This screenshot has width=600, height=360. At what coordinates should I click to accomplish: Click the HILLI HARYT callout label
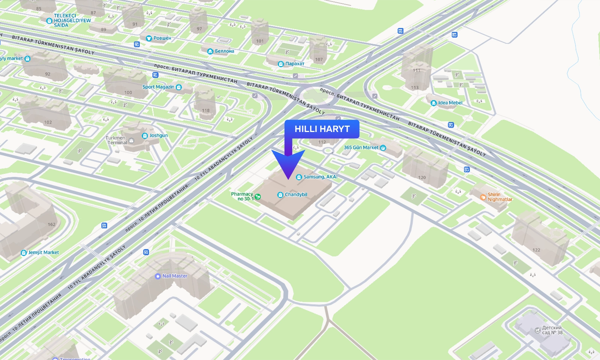(x=322, y=129)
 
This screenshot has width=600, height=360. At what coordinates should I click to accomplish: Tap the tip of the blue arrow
(x=288, y=178)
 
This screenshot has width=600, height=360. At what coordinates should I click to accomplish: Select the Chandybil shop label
(x=295, y=195)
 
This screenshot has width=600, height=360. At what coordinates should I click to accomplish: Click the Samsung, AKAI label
(x=320, y=177)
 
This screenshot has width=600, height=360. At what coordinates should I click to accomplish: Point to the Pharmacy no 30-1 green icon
(x=258, y=196)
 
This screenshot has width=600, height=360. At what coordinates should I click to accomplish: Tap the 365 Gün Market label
(x=361, y=148)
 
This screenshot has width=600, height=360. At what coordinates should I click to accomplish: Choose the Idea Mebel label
(x=450, y=103)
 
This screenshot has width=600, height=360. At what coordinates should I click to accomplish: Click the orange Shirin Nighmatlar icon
(x=483, y=197)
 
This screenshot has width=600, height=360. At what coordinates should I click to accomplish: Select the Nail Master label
(x=174, y=276)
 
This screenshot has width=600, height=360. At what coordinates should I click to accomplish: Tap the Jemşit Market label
(x=43, y=252)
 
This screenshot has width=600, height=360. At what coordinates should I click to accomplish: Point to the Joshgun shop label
(x=158, y=135)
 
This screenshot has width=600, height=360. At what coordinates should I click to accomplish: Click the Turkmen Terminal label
(x=116, y=140)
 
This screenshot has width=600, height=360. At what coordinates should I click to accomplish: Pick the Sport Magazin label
(x=158, y=87)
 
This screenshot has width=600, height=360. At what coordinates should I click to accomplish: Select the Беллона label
(x=224, y=51)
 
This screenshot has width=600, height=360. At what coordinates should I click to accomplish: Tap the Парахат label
(x=294, y=64)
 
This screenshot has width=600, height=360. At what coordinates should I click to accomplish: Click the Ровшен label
(x=162, y=38)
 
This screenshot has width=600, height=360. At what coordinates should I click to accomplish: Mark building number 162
(x=51, y=225)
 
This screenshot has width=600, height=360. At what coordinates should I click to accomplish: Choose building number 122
(x=536, y=250)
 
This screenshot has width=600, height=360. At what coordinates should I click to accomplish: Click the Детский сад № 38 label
(x=552, y=330)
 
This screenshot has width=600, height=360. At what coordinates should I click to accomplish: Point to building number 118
(x=206, y=111)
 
